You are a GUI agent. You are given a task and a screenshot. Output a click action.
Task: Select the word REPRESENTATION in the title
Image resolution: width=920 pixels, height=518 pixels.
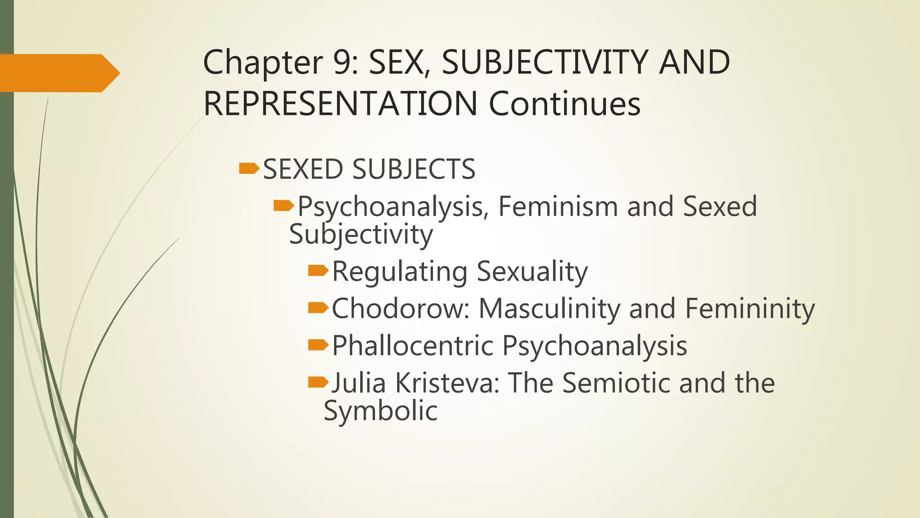(340, 104)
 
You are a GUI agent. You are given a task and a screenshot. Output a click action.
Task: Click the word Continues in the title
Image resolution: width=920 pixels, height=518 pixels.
(564, 104)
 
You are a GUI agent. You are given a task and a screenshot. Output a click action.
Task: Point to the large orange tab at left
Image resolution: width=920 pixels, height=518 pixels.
(58, 73)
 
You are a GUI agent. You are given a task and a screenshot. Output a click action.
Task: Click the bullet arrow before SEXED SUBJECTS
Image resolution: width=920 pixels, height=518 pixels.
(249, 169)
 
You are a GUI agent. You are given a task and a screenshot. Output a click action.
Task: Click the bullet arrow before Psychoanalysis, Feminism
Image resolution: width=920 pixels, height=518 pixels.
(284, 206)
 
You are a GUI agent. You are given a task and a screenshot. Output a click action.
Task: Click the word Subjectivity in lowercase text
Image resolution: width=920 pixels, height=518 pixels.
(361, 235)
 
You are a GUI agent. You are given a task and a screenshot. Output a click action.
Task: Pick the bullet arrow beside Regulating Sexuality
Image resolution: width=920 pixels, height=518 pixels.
(318, 270)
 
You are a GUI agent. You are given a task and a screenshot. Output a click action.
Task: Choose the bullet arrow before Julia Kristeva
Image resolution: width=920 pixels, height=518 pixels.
(318, 382)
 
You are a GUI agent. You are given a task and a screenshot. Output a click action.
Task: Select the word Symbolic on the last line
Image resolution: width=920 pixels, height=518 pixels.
(380, 411)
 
